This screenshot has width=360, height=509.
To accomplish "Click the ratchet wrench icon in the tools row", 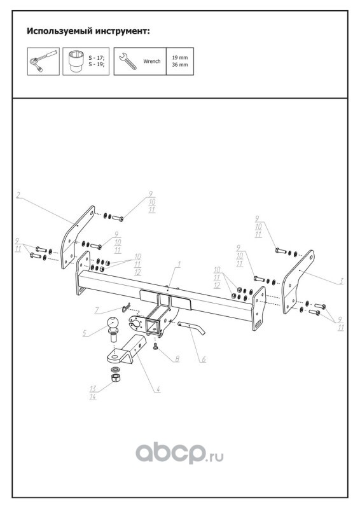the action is (43, 60).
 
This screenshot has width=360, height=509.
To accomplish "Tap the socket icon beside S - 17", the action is (76, 61).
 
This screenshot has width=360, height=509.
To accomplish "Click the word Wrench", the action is (152, 61).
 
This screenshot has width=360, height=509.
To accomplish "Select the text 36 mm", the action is (180, 65).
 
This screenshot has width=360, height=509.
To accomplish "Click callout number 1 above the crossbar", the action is (178, 264).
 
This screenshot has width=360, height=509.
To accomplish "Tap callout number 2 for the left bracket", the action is (18, 195).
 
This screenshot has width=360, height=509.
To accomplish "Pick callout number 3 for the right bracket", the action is (341, 281).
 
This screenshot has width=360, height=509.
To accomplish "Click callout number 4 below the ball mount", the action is (158, 388).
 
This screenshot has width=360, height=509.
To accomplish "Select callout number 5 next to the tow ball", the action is (85, 333).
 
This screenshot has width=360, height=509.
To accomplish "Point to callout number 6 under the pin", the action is (204, 359).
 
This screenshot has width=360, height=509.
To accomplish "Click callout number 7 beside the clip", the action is (97, 310).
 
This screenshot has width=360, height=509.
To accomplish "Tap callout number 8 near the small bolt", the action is (177, 359).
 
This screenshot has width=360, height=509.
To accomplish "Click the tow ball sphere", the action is (113, 323).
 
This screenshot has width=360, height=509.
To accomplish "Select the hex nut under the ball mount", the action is (116, 378).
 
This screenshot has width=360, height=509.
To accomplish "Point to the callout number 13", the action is (93, 389).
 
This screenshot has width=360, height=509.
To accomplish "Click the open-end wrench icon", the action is (128, 60).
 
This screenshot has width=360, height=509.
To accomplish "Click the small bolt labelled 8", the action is (155, 346).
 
